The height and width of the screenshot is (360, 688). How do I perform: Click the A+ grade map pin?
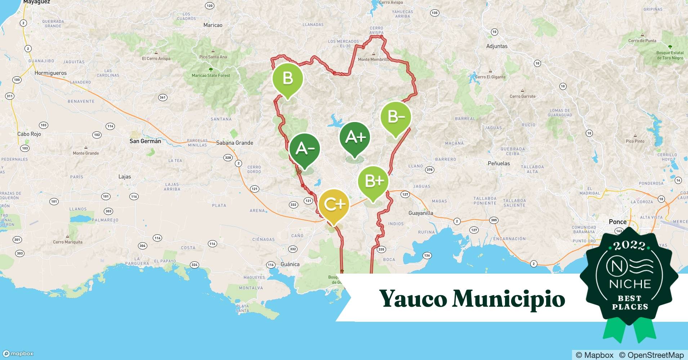pyautogui.click(x=355, y=137)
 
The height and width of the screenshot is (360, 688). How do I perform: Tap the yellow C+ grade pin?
pyautogui.click(x=334, y=204)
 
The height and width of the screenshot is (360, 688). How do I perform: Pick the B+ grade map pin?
pyautogui.click(x=373, y=181)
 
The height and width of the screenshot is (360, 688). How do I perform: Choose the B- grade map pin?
pyautogui.click(x=396, y=117)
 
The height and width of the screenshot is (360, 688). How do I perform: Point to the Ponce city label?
pyautogui.click(x=617, y=222)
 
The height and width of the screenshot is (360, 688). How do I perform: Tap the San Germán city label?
pyautogui.click(x=145, y=141)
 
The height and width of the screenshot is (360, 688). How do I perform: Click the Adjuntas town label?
pyautogui.click(x=497, y=46)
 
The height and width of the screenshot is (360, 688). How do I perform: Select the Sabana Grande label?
pyautogui.click(x=234, y=143)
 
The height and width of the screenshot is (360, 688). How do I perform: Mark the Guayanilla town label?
pyautogui.click(x=421, y=213)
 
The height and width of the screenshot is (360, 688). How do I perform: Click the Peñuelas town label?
pyautogui.click(x=499, y=163)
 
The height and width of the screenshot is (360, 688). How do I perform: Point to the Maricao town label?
pyautogui.click(x=213, y=25)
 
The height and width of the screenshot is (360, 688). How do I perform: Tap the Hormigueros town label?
pyautogui.click(x=50, y=73)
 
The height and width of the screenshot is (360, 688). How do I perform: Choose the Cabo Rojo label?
pyautogui.click(x=29, y=134)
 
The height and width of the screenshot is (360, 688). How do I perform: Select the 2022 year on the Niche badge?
pyautogui.click(x=630, y=246)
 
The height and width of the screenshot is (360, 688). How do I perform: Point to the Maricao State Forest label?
pyautogui.click(x=211, y=76)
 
